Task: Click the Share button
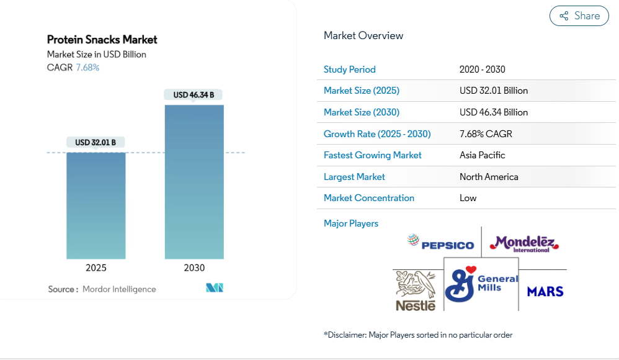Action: [579, 16]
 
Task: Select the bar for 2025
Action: [96, 205]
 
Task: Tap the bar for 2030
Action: [194, 182]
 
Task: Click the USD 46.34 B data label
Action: [194, 95]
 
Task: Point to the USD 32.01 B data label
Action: [96, 142]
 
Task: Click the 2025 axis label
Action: [96, 268]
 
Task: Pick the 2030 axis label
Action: [194, 268]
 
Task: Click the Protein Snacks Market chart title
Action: [102, 40]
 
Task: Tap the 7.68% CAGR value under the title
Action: [87, 68]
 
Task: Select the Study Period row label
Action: [349, 70]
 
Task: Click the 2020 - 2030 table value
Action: [482, 70]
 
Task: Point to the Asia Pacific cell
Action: [482, 155]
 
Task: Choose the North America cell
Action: [489, 177]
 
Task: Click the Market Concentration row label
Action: [368, 198]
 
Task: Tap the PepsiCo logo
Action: [440, 243]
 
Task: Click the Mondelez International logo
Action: [524, 243]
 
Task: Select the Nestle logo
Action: [416, 291]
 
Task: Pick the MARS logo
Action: [545, 292]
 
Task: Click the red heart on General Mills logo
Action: [471, 269]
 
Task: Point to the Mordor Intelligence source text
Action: [119, 289]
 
